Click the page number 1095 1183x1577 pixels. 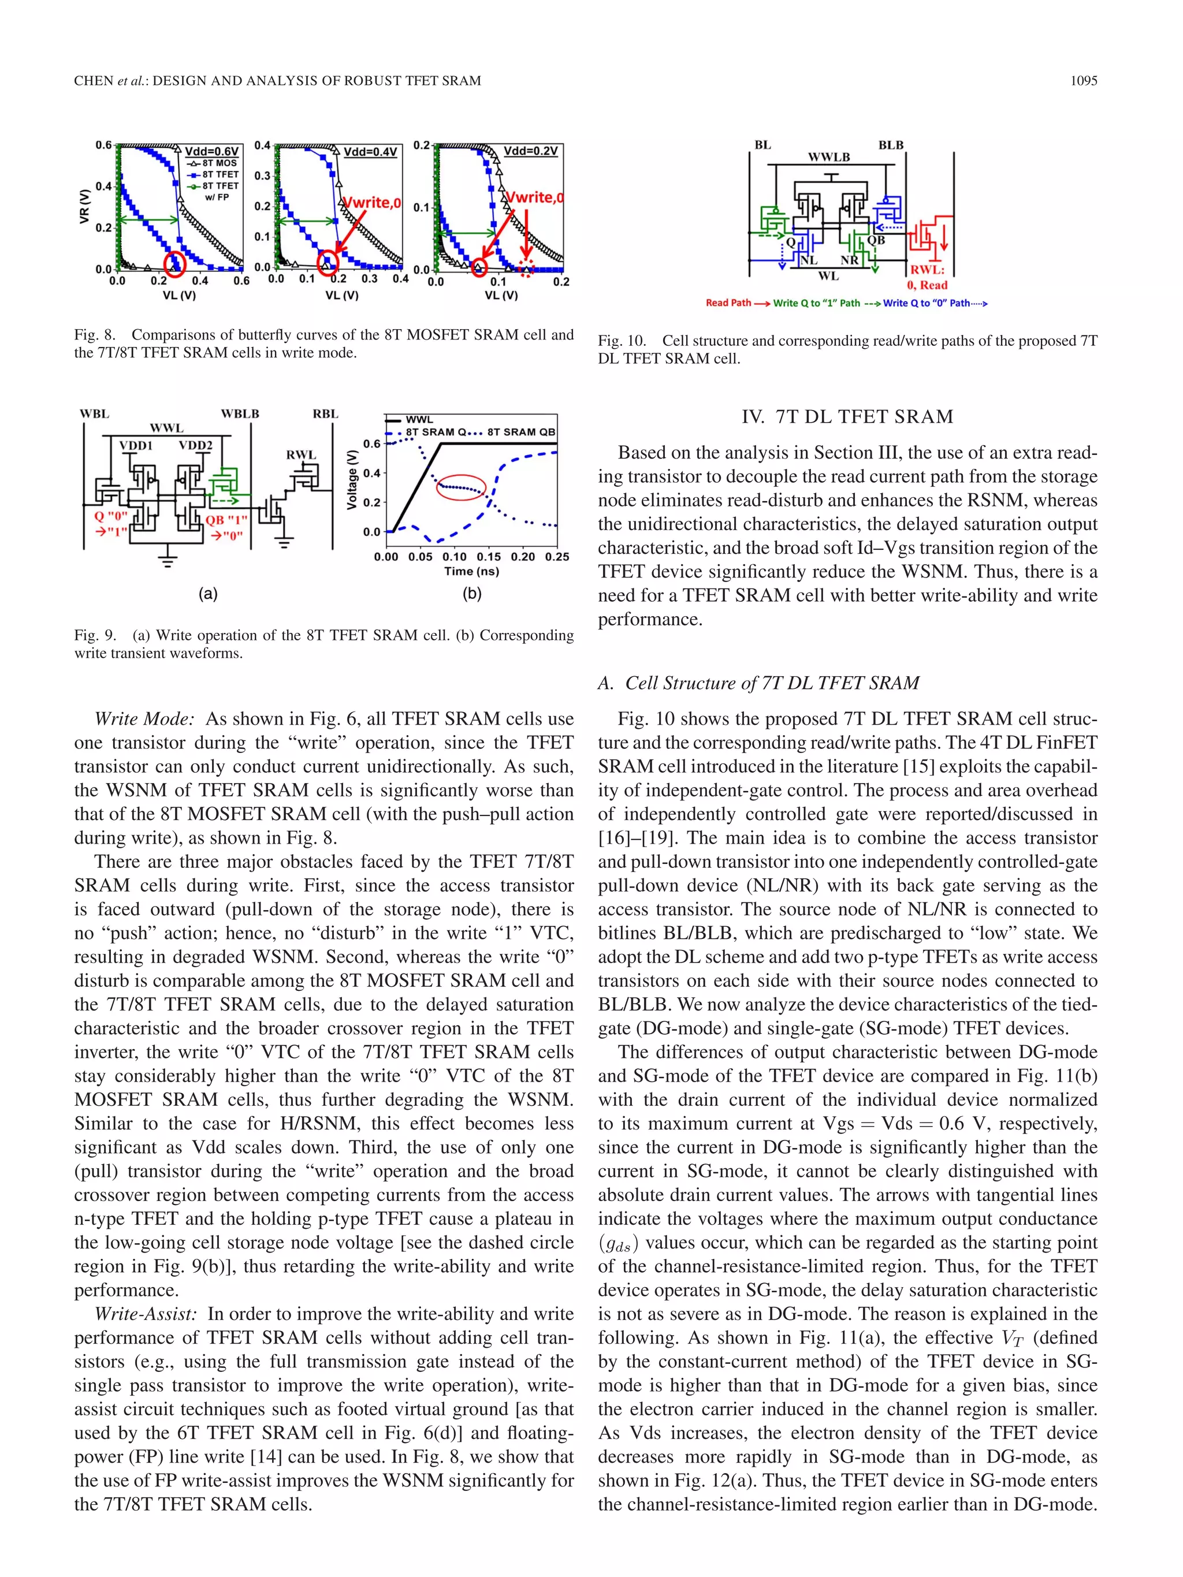point(1083,81)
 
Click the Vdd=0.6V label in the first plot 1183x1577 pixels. point(212,151)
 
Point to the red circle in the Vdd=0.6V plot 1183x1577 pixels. point(174,264)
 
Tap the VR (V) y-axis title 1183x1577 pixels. point(85,207)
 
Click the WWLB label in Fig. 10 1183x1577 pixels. point(828,157)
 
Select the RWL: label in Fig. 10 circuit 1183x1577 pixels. point(927,270)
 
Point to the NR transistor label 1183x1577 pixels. point(849,260)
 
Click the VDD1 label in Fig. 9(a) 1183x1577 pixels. point(136,446)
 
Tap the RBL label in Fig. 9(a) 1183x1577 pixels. point(325,414)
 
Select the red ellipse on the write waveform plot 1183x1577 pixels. point(460,487)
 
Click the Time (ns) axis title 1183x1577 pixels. point(471,571)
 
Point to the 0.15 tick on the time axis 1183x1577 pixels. point(489,557)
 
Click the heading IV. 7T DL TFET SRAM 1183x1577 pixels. point(847,416)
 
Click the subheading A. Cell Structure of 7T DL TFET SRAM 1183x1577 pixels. point(758,683)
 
